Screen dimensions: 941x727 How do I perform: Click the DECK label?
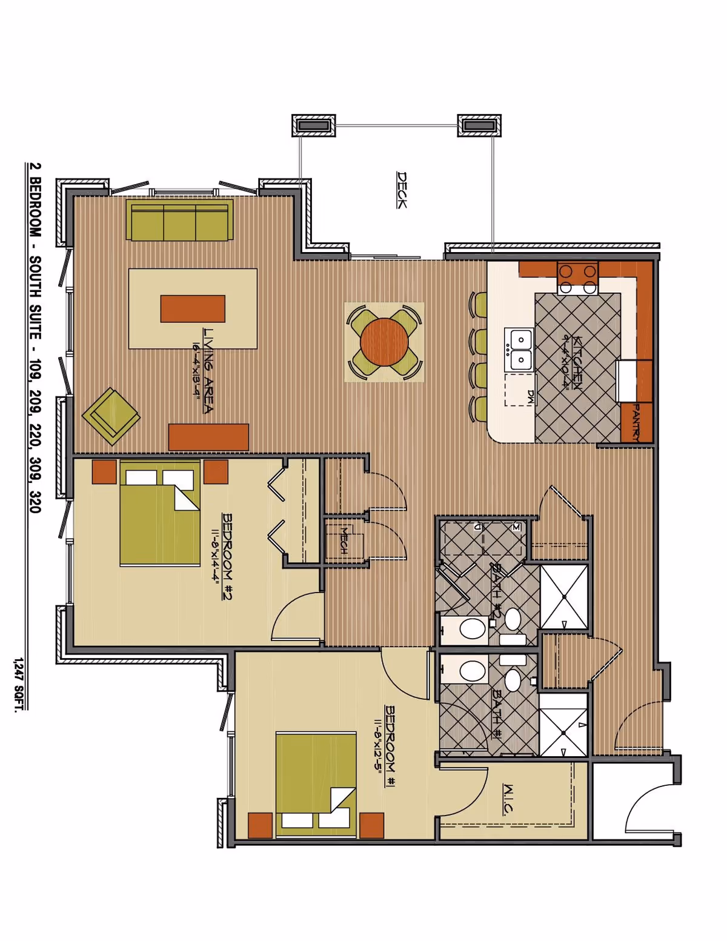point(402,190)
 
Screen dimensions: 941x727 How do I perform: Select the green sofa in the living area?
point(180,221)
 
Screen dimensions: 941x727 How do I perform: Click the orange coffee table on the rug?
point(193,308)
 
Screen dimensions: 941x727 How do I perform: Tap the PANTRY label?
point(638,422)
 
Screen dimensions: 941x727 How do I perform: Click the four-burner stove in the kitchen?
point(577,278)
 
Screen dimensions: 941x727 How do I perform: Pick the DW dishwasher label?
point(530,397)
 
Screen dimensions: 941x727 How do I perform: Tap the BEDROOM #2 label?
point(227,556)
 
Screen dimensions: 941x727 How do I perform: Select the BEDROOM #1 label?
point(390,746)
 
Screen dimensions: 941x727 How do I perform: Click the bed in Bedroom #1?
point(316,782)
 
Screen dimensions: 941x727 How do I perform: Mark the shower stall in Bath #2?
point(564,597)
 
